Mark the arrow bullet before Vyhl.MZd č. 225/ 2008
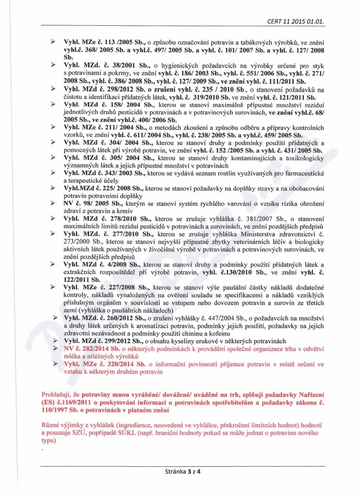tap(53, 189)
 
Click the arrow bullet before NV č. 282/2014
tap(56, 349)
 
